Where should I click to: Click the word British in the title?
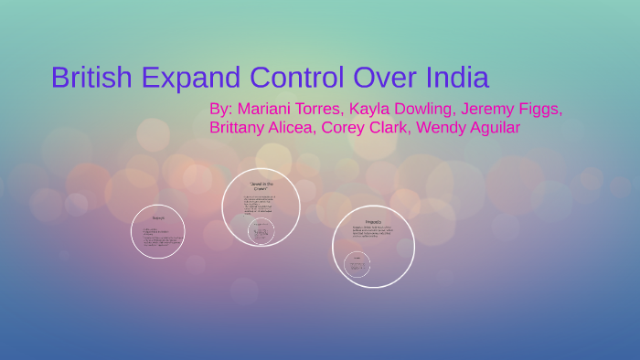[x=92, y=77]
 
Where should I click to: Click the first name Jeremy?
[x=488, y=109]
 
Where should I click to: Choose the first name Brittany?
[x=240, y=128]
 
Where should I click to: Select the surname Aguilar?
[x=495, y=128]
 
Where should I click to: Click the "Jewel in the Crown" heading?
[x=261, y=185]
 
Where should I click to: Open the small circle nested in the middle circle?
[x=261, y=231]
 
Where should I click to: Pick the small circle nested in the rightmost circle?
[x=357, y=266]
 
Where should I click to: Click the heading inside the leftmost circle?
[x=158, y=217]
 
